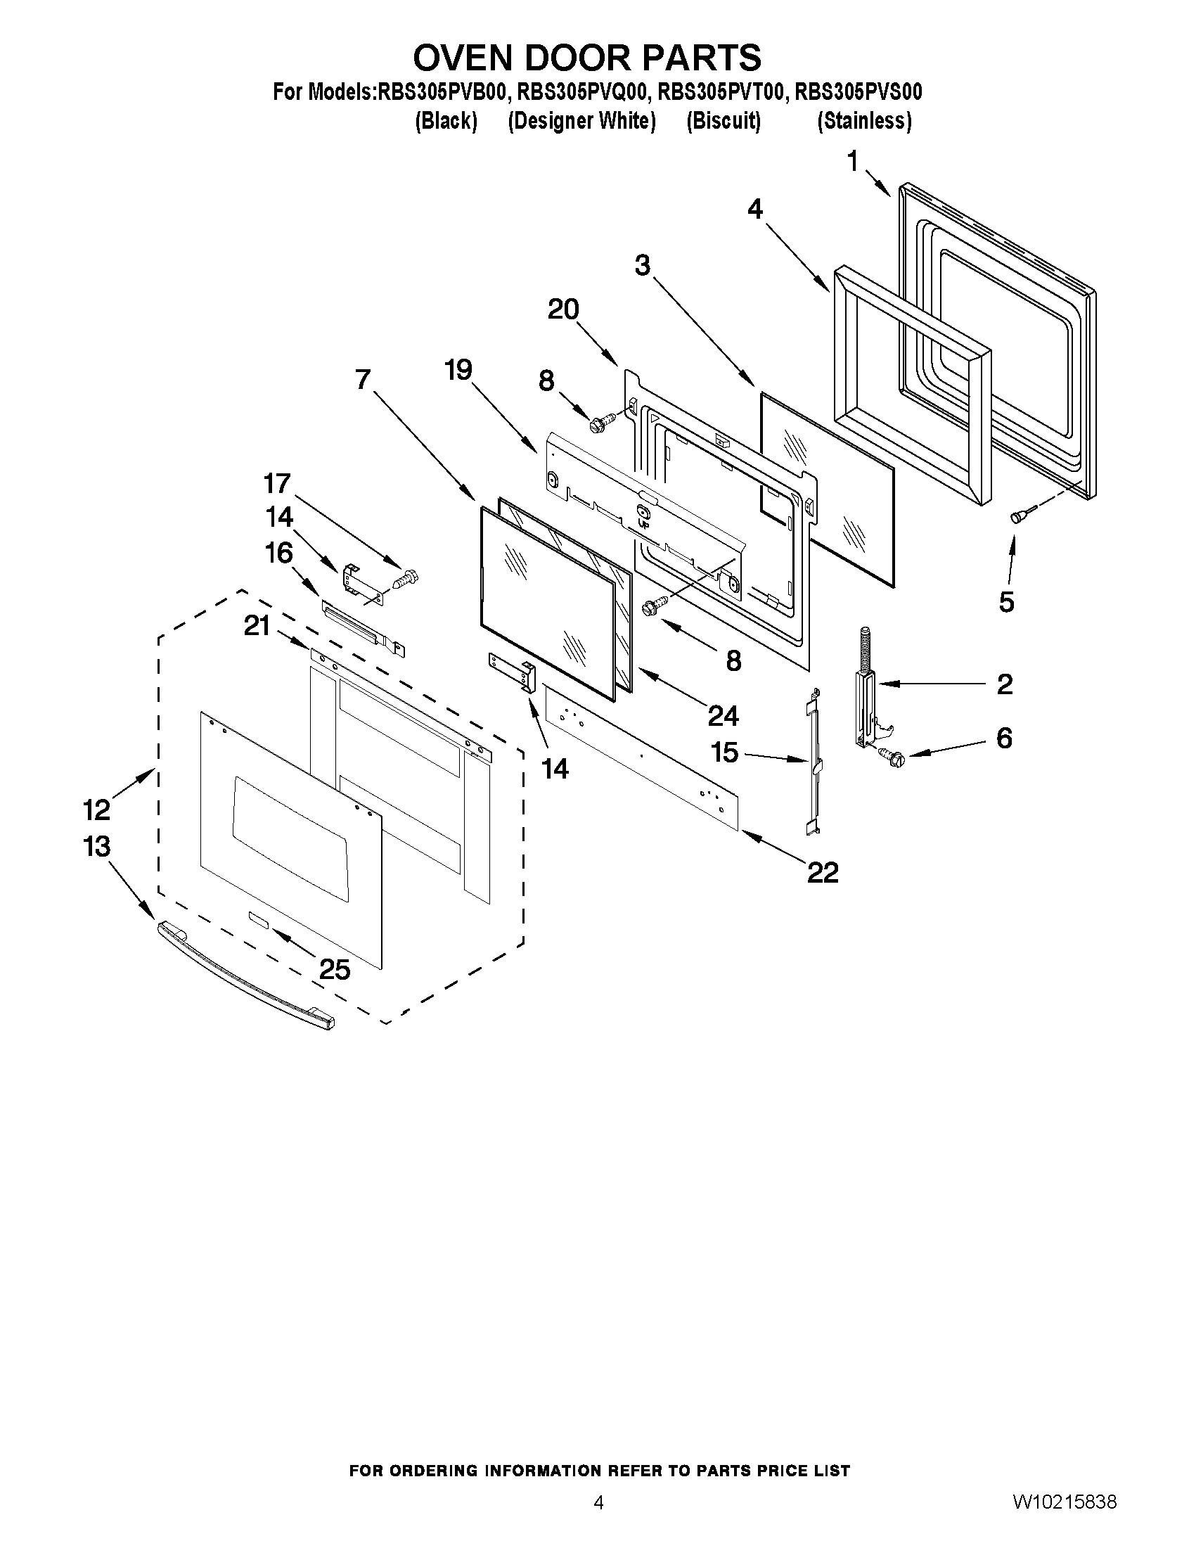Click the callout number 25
tap(335, 969)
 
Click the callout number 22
tap(823, 872)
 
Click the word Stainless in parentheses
tap(863, 121)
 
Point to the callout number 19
tap(458, 369)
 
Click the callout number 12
tap(97, 809)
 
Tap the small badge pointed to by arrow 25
tap(258, 919)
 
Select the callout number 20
tap(563, 309)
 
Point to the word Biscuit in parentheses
tap(724, 121)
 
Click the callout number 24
tap(723, 716)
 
